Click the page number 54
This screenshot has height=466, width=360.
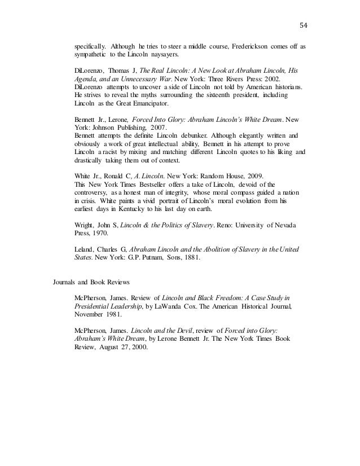[x=304, y=24]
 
